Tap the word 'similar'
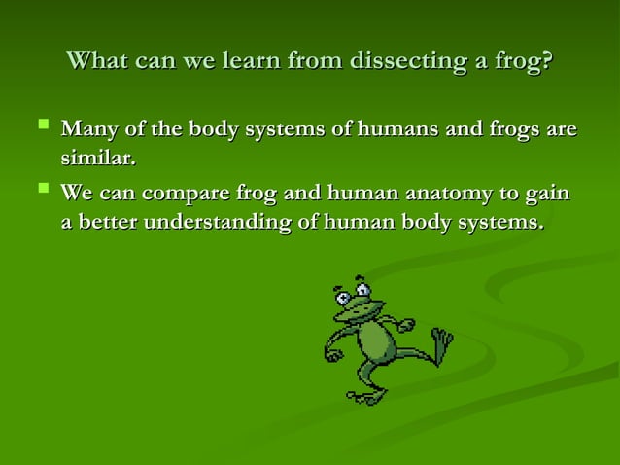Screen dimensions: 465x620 point(97,157)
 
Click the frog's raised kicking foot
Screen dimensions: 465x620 point(442,343)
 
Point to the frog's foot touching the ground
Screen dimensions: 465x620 point(367,395)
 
